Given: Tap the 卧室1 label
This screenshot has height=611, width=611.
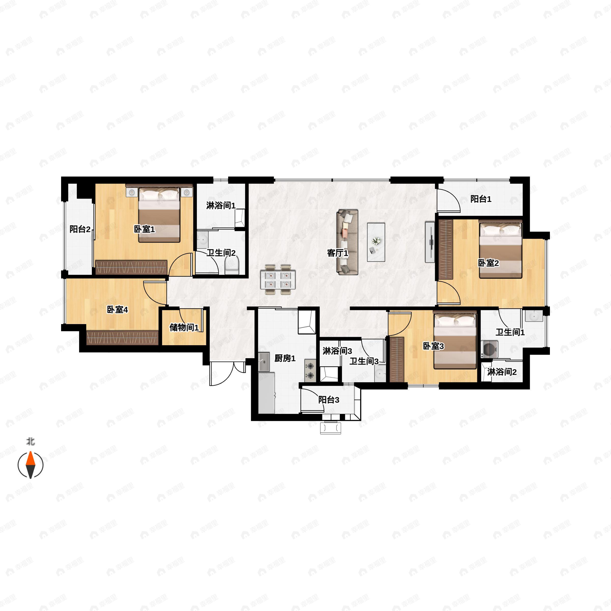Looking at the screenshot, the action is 144,229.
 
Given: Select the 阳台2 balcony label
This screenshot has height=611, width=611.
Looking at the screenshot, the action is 80,229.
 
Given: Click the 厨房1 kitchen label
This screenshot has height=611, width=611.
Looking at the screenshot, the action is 285,358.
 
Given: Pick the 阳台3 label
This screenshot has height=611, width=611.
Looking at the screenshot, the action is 329,400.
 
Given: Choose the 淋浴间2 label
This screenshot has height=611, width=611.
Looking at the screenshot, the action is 502,372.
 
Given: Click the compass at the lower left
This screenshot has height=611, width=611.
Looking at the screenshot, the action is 30,465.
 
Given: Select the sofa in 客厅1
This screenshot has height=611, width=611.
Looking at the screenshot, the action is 347,242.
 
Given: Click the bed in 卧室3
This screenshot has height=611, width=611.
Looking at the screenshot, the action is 455,340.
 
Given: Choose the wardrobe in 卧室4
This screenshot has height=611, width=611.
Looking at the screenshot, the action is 122,337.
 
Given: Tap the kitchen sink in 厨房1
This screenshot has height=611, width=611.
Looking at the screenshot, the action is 264,362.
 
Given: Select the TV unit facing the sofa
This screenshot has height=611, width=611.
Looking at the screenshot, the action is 430,242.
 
